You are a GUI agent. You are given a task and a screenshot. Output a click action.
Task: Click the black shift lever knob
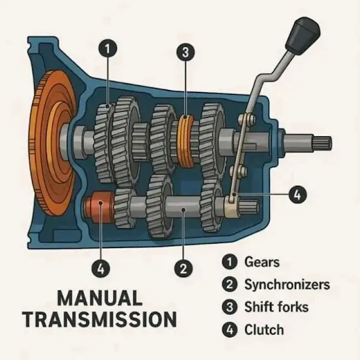[303, 35]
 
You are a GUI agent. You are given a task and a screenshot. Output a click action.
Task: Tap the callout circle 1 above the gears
[108, 49]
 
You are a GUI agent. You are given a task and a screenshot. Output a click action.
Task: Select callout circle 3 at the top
[186, 52]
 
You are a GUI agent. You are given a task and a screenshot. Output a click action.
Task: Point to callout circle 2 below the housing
[183, 268]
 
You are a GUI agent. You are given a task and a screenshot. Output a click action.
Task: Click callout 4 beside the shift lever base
[297, 195]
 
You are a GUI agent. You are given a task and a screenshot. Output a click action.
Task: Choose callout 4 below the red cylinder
[101, 268]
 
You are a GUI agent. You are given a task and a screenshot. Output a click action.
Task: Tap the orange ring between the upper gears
[186, 141]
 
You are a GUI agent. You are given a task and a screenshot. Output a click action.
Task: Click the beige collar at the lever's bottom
[232, 206]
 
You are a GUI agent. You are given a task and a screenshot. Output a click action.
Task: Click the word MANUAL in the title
[100, 298]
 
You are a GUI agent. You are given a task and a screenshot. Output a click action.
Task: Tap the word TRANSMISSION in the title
[100, 319]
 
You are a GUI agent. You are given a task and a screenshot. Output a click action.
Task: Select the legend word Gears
[262, 262]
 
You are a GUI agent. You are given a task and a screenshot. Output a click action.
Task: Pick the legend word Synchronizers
[287, 284]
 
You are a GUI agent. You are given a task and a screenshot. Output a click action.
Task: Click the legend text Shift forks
[276, 307]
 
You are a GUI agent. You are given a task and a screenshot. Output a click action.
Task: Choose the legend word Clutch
[264, 329]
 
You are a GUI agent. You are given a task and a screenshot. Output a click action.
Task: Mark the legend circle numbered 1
[230, 262]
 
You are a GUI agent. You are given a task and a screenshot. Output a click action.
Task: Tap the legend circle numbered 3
[230, 307]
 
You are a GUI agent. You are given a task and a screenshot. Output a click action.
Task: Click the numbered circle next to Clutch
[230, 330]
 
